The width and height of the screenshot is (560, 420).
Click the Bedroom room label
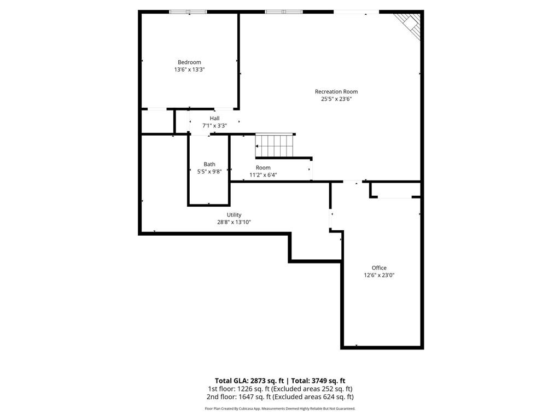coord(189,62)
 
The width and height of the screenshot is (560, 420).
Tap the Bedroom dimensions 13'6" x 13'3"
coord(189,69)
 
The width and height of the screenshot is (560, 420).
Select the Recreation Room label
coord(336,91)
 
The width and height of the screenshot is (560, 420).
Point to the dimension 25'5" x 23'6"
coord(336,99)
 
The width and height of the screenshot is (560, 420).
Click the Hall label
coord(214,118)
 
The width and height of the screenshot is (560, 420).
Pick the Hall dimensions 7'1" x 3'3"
coord(214,126)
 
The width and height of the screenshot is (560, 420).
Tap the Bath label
coord(209,164)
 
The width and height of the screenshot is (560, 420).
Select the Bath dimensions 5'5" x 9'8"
coord(209,171)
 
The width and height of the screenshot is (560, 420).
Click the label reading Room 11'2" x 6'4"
coord(263,171)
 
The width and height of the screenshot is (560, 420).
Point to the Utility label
coord(234,214)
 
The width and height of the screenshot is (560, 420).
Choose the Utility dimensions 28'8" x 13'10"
coord(234,222)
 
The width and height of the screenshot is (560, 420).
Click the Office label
coord(379,268)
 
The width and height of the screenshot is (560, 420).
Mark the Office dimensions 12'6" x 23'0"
coord(379,276)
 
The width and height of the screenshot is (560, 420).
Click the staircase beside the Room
coord(275,145)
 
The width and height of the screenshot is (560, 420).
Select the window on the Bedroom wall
coord(188,12)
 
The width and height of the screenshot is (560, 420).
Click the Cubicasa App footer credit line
coord(280,409)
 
